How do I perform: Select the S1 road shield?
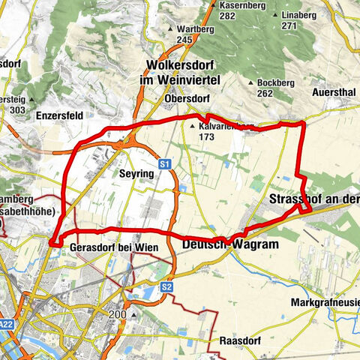click(165, 163)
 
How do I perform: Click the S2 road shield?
click(166, 286)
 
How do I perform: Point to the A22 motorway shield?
click(7, 325)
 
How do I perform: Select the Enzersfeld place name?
click(58, 115)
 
